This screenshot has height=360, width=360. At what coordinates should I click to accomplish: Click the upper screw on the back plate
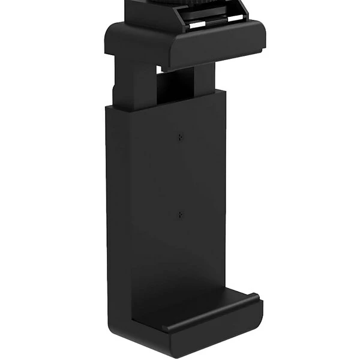coord(179,137)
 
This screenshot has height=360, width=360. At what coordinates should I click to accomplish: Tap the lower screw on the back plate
coord(179,214)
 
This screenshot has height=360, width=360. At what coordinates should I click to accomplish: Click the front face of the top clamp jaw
coord(216,51)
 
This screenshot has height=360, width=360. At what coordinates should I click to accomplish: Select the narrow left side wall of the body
coord(118,204)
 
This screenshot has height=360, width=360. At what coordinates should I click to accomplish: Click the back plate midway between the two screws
coord(179,176)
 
